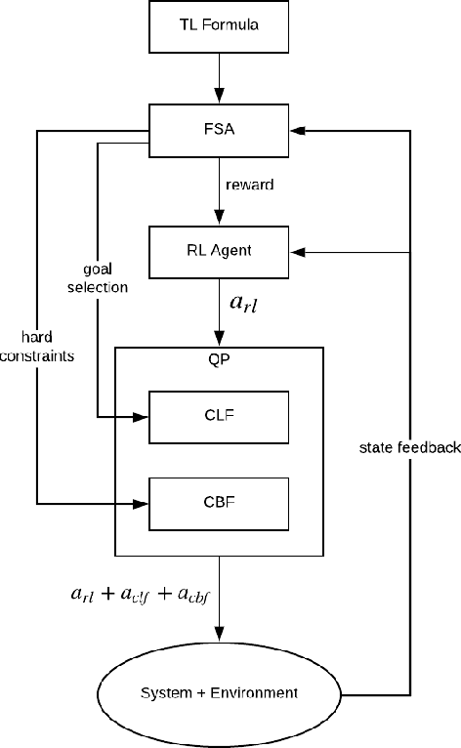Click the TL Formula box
pos(219,26)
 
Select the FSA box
pos(219,130)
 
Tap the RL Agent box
pos(219,250)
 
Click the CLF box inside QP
pos(219,415)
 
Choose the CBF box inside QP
pos(219,503)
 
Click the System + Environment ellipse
pos(219,694)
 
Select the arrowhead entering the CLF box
pos(142,416)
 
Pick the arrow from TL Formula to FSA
pos(219,78)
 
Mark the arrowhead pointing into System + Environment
pos(219,634)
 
